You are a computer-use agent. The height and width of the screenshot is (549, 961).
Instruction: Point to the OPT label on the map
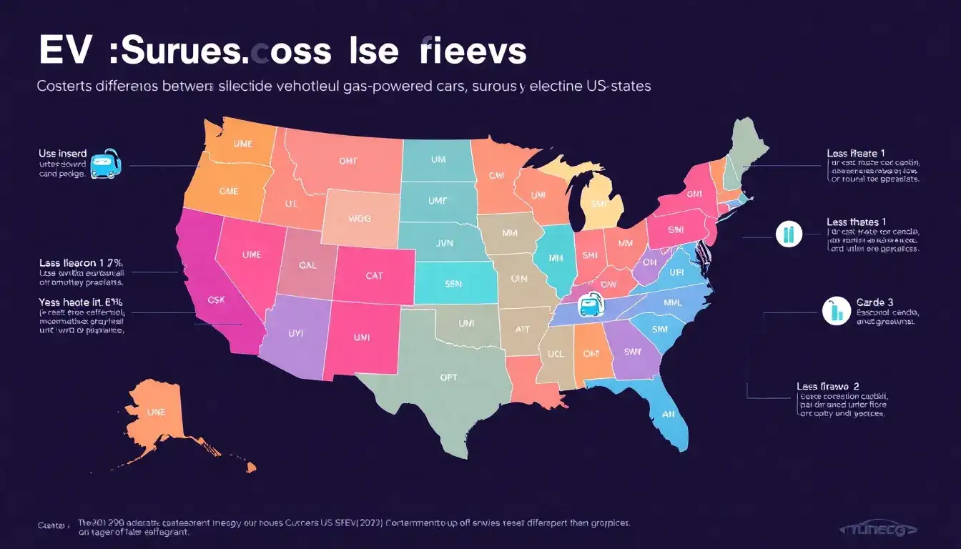coord(449,377)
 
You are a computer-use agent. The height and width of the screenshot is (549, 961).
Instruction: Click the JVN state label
coord(444,244)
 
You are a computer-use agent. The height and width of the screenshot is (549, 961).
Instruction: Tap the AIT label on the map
coord(523,330)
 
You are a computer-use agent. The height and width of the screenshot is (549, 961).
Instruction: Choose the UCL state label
coord(556,354)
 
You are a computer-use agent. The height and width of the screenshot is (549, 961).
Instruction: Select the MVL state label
coord(673,302)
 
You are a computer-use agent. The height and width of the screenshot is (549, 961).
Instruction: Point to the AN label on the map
coord(669,412)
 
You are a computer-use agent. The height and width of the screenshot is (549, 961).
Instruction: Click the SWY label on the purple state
coord(634,352)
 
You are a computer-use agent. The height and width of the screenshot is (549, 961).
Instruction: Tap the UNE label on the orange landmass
coord(156,412)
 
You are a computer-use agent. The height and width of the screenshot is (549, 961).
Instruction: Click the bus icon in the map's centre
coord(591,306)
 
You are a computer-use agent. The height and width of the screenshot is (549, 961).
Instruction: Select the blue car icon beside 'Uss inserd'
coord(106,164)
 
